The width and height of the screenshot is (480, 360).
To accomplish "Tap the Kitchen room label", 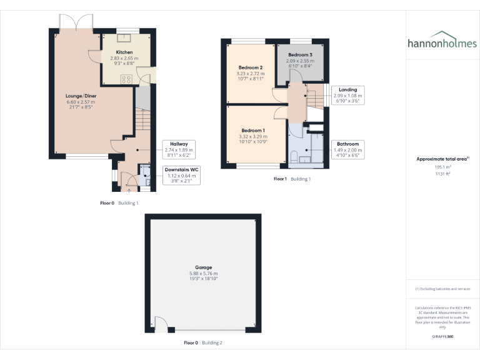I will coord(124,52).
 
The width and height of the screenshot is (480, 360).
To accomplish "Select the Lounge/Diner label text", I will coord(81,96).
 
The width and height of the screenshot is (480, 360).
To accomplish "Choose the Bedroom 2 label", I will coord(250,67).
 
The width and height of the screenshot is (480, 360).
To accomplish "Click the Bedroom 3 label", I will coord(299,56).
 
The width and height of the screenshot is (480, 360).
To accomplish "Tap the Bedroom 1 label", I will coord(254,131).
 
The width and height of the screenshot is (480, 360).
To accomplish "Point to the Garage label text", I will coord(203,267).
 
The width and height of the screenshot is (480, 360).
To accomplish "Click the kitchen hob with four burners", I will coord(126,79).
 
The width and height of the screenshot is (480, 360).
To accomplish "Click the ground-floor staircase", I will coord(142,118).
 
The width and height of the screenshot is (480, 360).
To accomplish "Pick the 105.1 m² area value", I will coord(442,167).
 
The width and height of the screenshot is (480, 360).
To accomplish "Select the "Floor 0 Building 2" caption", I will coord(202,342).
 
